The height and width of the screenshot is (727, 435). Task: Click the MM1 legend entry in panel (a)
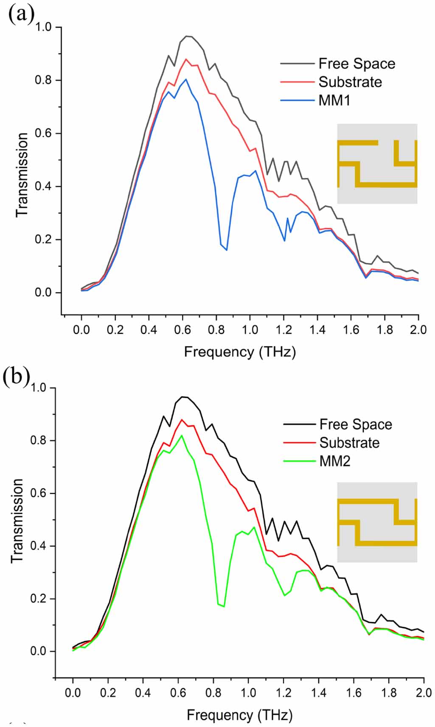click(x=334, y=100)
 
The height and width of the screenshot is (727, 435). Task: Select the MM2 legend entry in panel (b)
click(x=335, y=461)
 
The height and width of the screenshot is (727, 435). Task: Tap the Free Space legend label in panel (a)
click(x=356, y=64)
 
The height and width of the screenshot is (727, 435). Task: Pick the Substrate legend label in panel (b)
click(x=349, y=443)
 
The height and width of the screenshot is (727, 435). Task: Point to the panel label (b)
click(x=16, y=376)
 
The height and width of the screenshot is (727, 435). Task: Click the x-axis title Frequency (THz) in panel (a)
click(x=240, y=352)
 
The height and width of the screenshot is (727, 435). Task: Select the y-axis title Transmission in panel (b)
click(x=17, y=520)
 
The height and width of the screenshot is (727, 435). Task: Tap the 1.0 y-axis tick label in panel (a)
click(x=43, y=27)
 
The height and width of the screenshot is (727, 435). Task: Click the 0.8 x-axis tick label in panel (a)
click(x=216, y=330)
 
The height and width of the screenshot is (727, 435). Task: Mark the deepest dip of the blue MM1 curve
click(x=227, y=250)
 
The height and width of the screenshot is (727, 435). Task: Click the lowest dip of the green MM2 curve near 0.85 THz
click(x=224, y=606)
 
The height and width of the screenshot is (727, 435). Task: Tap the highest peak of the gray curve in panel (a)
click(x=186, y=36)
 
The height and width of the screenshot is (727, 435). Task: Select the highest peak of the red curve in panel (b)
click(x=182, y=420)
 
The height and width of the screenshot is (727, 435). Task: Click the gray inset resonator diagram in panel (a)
click(x=377, y=164)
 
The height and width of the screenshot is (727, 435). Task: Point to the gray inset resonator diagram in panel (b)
click(x=377, y=522)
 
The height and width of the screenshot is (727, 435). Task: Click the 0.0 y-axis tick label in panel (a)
click(x=43, y=292)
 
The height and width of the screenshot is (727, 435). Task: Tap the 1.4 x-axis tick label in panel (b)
click(x=318, y=693)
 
